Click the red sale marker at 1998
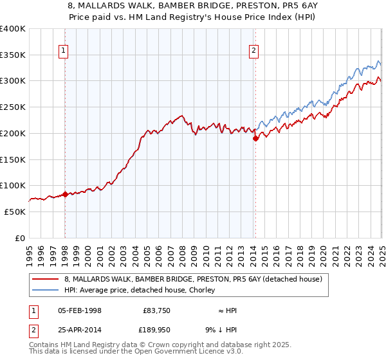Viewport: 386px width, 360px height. click(x=65, y=194)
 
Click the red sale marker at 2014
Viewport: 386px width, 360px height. click(x=255, y=138)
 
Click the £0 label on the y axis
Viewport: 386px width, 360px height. click(x=20, y=238)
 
